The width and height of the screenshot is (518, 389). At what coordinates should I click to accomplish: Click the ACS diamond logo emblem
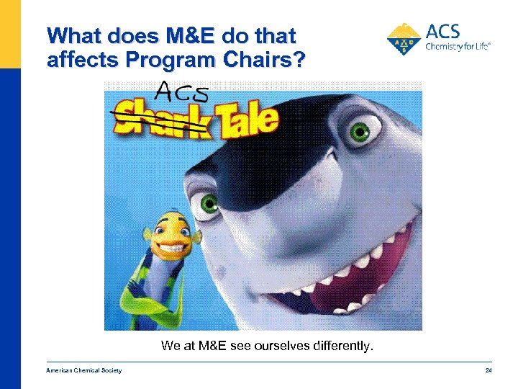[405, 38]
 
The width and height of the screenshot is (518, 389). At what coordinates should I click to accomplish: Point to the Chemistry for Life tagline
[458, 46]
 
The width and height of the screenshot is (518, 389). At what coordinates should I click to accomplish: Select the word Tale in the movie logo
[245, 120]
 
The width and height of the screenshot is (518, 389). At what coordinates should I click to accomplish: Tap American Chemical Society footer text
[83, 370]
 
